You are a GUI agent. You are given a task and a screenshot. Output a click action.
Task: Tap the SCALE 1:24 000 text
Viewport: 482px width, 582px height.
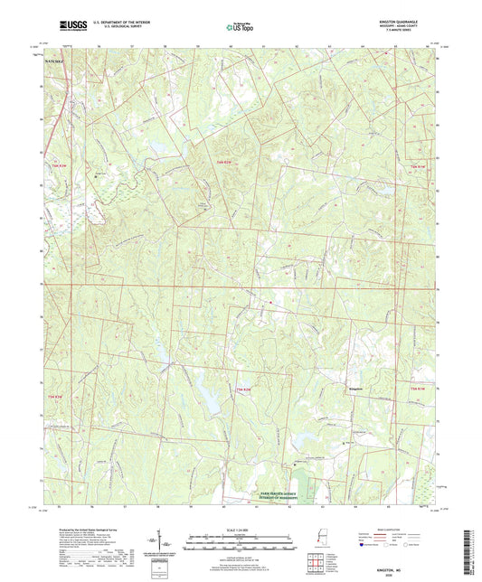(x=240, y=529)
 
